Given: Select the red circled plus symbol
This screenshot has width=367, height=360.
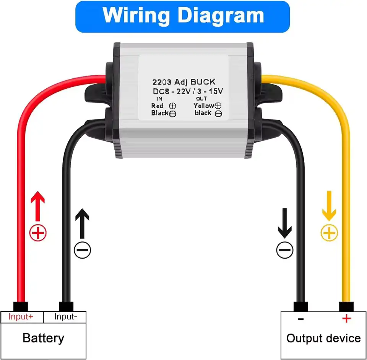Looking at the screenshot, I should [x=38, y=233].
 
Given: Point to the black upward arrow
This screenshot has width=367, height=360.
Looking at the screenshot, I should [x=82, y=224].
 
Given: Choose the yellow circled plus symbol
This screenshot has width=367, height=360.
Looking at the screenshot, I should [x=329, y=233].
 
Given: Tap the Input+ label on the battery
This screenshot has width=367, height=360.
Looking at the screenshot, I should [x=21, y=317].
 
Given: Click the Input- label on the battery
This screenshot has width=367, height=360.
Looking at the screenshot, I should [x=66, y=317].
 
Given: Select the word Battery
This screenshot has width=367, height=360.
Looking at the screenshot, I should [x=43, y=338].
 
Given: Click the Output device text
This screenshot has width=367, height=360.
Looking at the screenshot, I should [x=323, y=338].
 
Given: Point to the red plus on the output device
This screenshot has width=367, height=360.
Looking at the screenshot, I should [x=346, y=318].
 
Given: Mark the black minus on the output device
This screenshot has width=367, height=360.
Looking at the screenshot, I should [x=301, y=319].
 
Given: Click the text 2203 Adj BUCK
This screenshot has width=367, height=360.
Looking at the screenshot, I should [x=183, y=81].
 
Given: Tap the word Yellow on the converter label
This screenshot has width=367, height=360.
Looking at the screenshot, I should [x=204, y=105].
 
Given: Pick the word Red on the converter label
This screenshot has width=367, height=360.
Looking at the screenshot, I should [x=157, y=106].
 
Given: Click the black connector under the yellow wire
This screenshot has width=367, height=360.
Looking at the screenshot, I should [x=346, y=306].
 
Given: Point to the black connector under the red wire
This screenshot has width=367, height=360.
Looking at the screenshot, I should [x=21, y=306].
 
